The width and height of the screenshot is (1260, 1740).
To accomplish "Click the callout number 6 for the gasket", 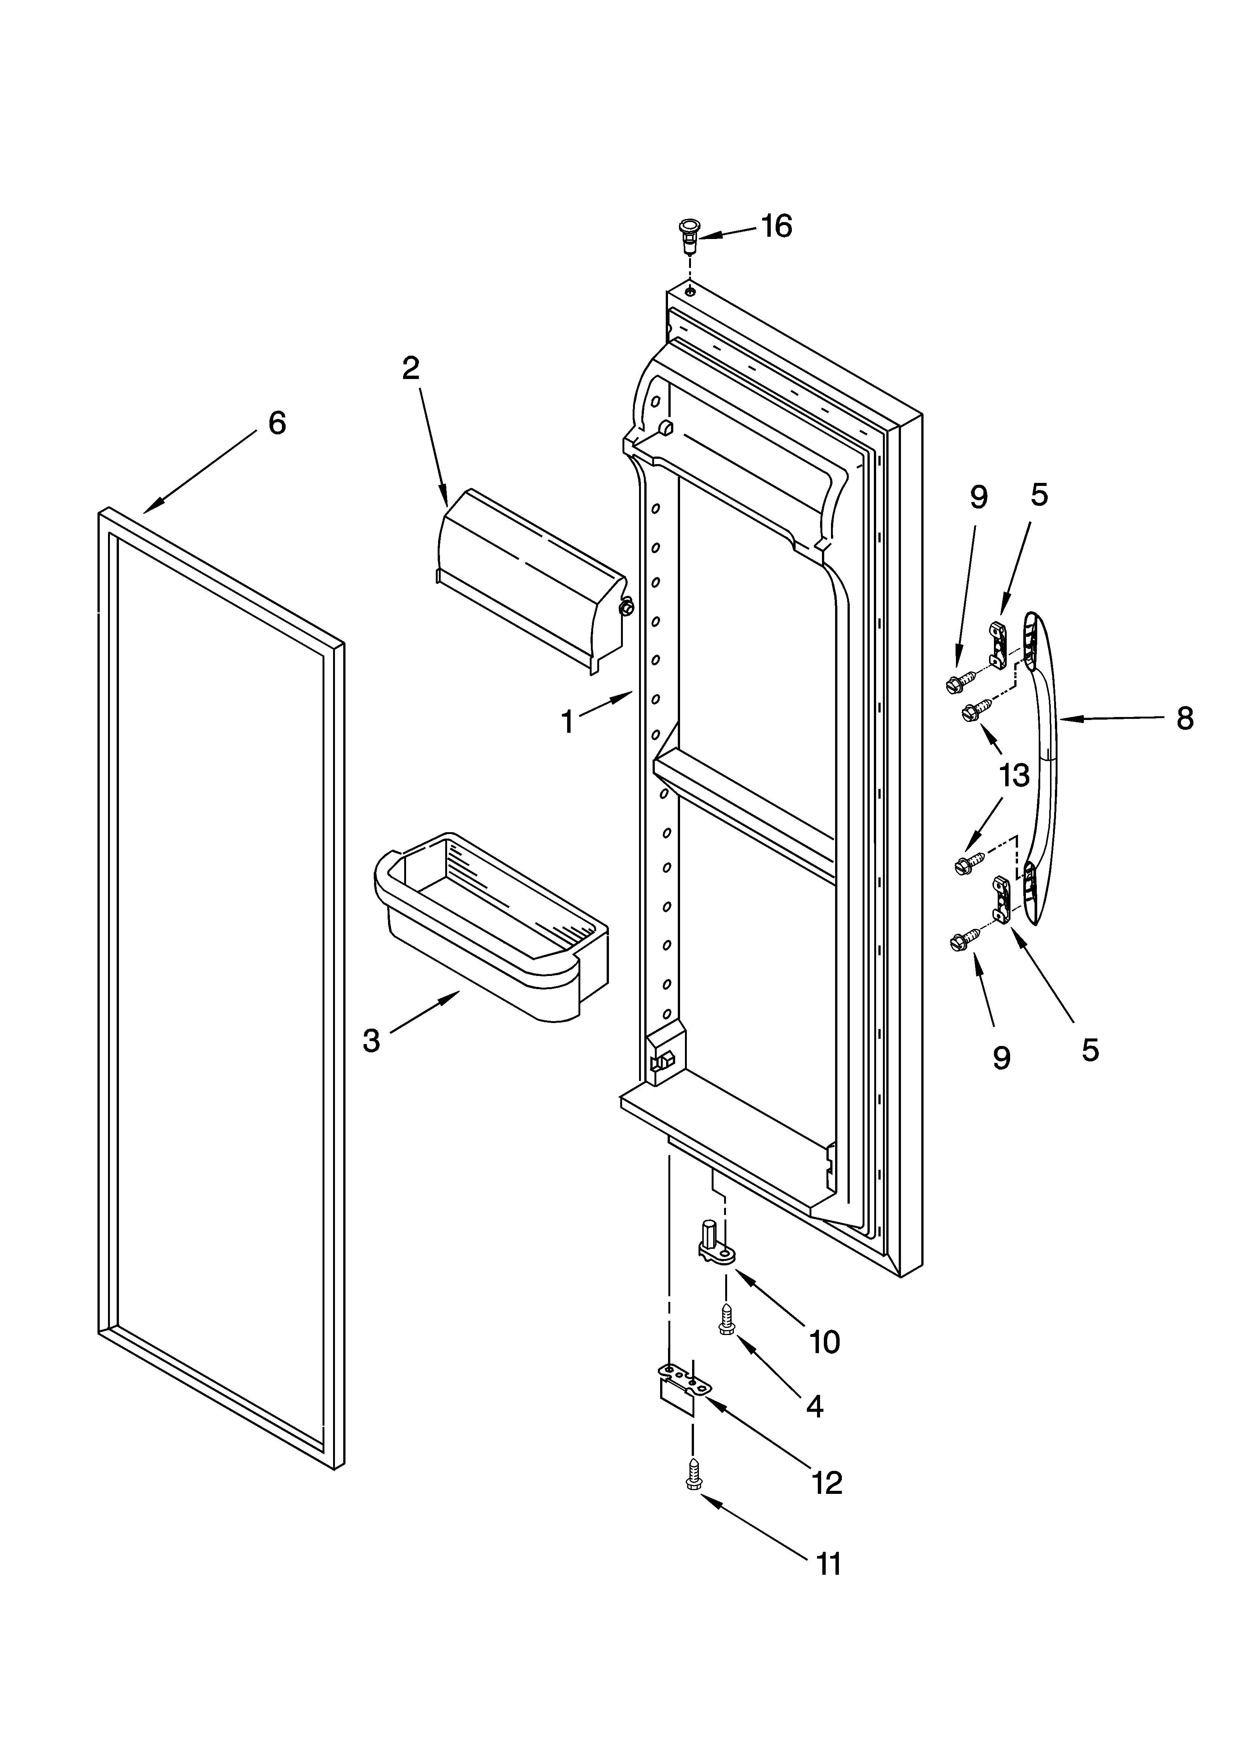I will [x=277, y=423].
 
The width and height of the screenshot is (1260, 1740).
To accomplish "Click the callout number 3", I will [x=371, y=1041].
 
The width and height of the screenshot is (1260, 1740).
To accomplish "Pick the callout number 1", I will [x=567, y=722].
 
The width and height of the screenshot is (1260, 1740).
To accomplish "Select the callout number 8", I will [x=1185, y=719].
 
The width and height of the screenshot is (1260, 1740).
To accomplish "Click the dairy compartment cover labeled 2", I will [x=530, y=579].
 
